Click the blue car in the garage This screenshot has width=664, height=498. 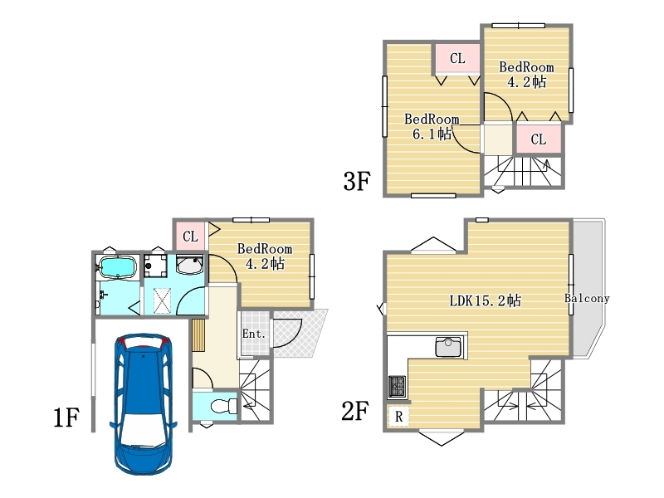coord(144,403)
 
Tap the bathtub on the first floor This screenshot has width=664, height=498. coord(117,267)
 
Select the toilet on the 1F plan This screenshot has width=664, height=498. coord(224,406)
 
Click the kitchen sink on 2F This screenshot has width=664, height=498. coord(449,347)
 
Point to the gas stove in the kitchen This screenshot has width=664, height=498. coord(397,387)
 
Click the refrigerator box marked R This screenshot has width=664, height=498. coord(398,416)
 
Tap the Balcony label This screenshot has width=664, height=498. coord(587,298)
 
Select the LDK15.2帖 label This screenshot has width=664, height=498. coord(486,300)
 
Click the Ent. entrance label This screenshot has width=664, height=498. coord(254,334)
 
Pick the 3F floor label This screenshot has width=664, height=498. coord(357,181)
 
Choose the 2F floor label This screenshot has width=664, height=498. coord(355,411)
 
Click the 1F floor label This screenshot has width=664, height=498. coord(66,417)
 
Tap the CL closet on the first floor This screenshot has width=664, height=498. coord(190,236)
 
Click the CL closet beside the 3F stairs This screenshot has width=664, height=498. coord(539,139)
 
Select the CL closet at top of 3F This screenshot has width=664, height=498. coord(457,58)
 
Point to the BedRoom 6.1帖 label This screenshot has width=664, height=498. coord(432,126)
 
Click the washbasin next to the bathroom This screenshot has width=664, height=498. coord(189,265)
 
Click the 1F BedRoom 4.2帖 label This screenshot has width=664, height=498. coord(265,256)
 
